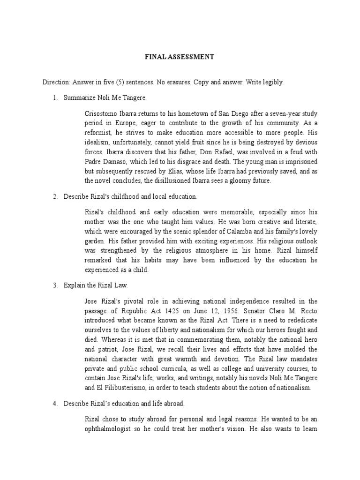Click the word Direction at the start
pyautogui.click(x=55, y=82)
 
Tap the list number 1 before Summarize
pyautogui.click(x=54, y=97)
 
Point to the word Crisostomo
pyautogui.click(x=101, y=113)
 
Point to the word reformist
pyautogui.click(x=99, y=132)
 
